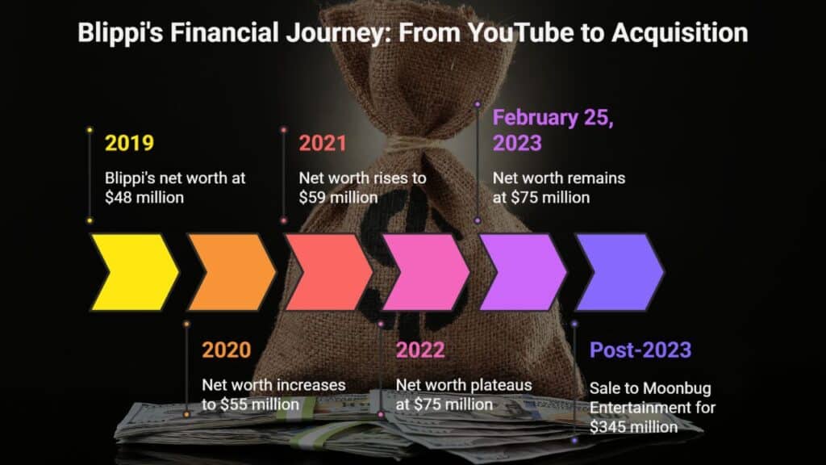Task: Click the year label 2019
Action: pyautogui.click(x=129, y=143)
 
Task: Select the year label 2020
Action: pyautogui.click(x=227, y=350)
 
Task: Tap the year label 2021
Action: pyautogui.click(x=323, y=143)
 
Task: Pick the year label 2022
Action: pyautogui.click(x=420, y=350)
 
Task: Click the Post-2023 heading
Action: pyautogui.click(x=640, y=350)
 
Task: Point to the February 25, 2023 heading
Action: pyautogui.click(x=553, y=130)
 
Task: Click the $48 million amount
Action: pyautogui.click(x=144, y=198)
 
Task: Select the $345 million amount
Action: pyautogui.click(x=634, y=426)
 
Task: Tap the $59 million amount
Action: pyautogui.click(x=338, y=198)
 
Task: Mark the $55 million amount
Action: pyautogui.click(x=260, y=404)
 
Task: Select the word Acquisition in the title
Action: pyautogui.click(x=679, y=33)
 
